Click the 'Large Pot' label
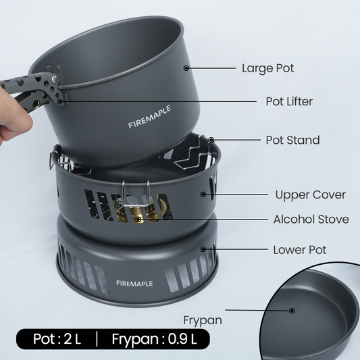268,68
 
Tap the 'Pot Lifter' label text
289,101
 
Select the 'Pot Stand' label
292,140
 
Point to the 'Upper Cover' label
311,195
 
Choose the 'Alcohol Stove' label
311,220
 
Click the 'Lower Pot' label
300,250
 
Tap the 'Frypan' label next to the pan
203,321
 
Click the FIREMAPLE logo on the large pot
149,117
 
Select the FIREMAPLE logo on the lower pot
134,284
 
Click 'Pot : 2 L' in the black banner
57,339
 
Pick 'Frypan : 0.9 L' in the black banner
154,339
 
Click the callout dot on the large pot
186,68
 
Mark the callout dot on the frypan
292,311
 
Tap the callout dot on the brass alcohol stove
138,219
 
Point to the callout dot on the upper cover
203,195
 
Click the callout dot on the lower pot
203,249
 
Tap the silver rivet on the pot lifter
55,79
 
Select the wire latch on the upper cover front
136,194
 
